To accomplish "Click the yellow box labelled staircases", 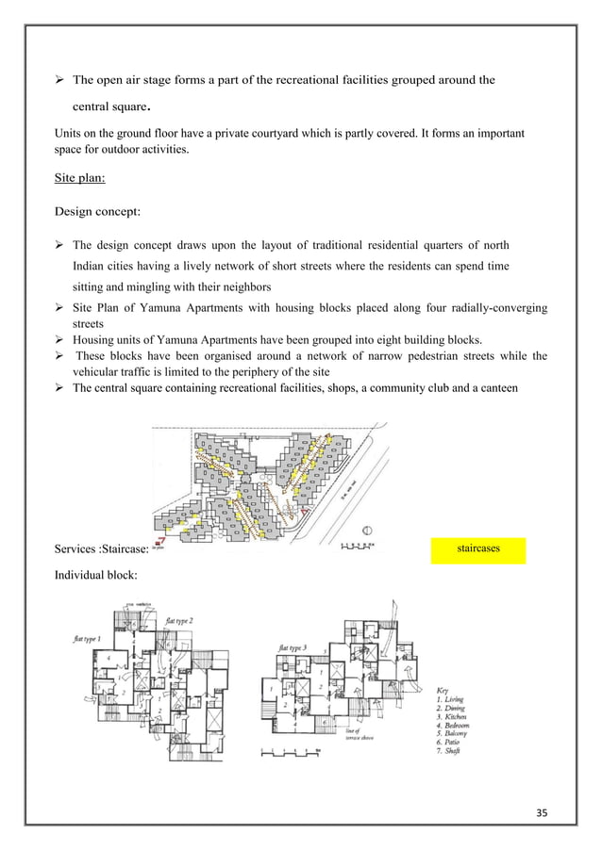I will (477, 547).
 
